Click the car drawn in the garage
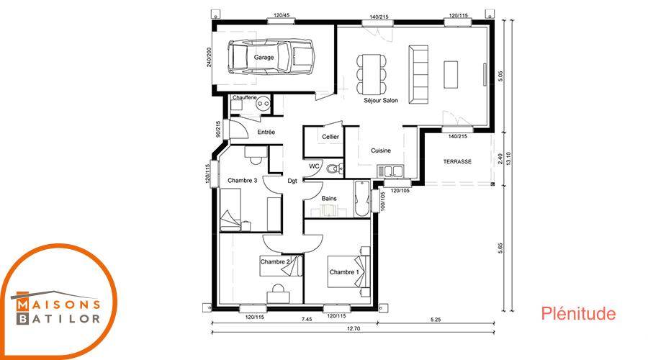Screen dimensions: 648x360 (x=271, y=57)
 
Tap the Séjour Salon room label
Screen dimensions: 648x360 (x=381, y=100)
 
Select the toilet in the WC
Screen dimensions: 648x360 (x=333, y=168)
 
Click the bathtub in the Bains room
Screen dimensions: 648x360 (x=362, y=199)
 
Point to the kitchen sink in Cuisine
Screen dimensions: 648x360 (x=390, y=171)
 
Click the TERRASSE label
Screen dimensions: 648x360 (x=457, y=161)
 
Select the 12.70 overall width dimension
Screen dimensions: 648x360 (x=354, y=328)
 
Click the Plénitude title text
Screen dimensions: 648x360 (x=578, y=313)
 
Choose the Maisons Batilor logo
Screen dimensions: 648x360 (x=58, y=301)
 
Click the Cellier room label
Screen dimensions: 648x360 (x=330, y=137)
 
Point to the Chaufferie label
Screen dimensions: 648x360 (x=244, y=97)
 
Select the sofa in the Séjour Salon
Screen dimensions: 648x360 (x=418, y=74)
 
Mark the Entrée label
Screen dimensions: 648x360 (x=266, y=132)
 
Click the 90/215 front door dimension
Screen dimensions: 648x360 (x=217, y=129)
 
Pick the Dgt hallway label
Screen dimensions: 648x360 (x=292, y=181)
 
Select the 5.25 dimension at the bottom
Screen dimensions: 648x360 (x=436, y=319)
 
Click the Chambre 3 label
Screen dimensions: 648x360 (x=242, y=181)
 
